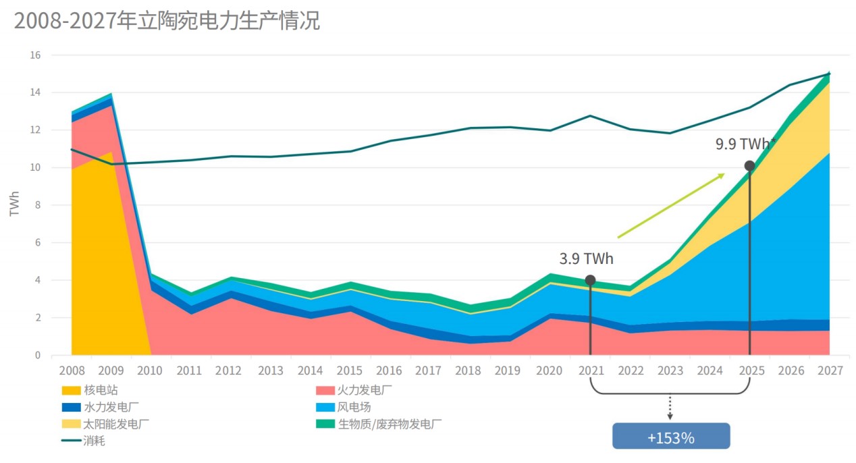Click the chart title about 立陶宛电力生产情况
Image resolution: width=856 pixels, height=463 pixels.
pyautogui.click(x=167, y=20)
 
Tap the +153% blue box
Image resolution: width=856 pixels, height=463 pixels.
pyautogui.click(x=670, y=437)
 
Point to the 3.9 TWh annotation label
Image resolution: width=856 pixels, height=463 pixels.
pyautogui.click(x=586, y=258)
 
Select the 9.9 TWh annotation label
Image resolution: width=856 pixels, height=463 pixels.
pyautogui.click(x=745, y=144)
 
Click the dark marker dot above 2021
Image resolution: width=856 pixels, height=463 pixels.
pyautogui.click(x=590, y=280)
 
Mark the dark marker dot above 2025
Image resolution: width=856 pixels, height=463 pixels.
pyautogui.click(x=749, y=166)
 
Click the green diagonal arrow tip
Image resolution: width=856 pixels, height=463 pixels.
pyautogui.click(x=723, y=175)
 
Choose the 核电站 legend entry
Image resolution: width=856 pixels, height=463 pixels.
pyautogui.click(x=94, y=390)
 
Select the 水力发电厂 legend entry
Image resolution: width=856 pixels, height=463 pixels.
pyautogui.click(x=101, y=407)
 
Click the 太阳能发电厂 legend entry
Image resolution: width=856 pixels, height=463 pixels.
pyautogui.click(x=105, y=424)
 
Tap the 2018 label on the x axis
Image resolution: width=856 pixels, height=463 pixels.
pyautogui.click(x=468, y=371)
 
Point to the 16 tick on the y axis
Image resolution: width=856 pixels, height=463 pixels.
pyautogui.click(x=35, y=55)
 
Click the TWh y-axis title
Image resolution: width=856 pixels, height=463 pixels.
pyautogui.click(x=15, y=204)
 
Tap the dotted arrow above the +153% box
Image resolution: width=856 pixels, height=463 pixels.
pyautogui.click(x=670, y=407)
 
